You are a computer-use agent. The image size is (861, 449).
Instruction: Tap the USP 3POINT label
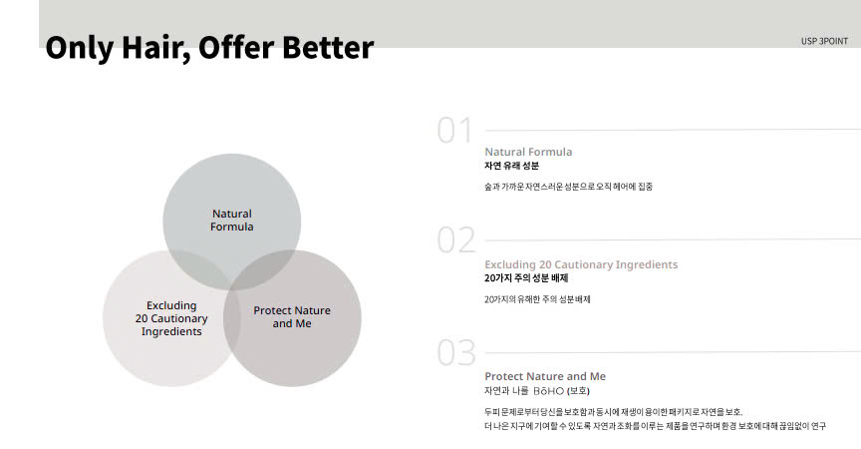click(824, 41)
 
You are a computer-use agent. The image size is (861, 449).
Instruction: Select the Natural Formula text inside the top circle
click(232, 220)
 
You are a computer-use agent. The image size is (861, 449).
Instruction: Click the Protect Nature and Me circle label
click(292, 317)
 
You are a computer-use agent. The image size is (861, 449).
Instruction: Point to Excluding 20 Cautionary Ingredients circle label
click(171, 318)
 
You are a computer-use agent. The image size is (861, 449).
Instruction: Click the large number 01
click(454, 131)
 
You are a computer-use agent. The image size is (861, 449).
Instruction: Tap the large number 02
click(456, 240)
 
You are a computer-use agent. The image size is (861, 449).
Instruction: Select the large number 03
click(456, 352)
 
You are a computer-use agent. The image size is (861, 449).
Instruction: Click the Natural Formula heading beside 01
click(528, 152)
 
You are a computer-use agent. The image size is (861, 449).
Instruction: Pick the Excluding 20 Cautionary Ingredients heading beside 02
click(581, 264)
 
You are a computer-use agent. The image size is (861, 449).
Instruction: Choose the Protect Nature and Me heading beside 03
click(545, 376)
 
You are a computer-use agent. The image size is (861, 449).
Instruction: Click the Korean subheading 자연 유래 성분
click(512, 166)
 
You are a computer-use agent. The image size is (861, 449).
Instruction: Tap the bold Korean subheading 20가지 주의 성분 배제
click(526, 278)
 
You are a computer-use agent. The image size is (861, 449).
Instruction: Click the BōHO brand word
click(548, 391)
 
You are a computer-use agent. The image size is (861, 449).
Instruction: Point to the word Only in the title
click(80, 48)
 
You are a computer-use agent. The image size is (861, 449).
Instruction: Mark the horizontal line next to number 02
click(673, 239)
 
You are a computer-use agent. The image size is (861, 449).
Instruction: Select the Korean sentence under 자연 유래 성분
click(568, 187)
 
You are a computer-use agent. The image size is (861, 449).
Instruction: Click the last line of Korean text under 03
click(655, 426)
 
